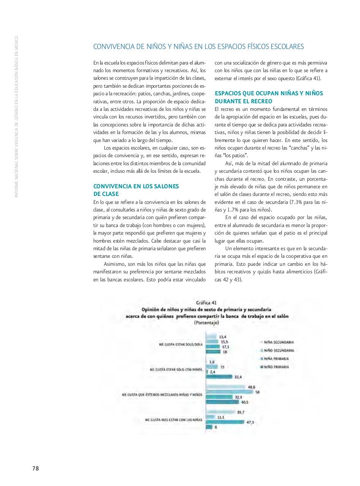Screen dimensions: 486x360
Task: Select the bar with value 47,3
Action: pos(226,422)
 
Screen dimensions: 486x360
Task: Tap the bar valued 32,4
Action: pos(219,377)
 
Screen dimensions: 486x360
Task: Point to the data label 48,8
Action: pos(252,387)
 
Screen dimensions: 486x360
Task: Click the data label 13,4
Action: pos(223,337)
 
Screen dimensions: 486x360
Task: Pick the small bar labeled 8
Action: pos(209,427)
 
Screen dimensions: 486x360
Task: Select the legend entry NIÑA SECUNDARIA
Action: pos(278,342)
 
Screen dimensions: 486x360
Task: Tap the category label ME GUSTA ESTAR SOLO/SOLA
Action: pos(181,344)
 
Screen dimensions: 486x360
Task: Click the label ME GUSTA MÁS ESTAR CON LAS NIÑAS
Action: pos(173,420)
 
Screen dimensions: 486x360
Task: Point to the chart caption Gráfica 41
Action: pos(206,303)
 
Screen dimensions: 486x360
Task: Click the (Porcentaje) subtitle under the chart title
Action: pos(206,323)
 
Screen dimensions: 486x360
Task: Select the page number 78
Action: pos(35,468)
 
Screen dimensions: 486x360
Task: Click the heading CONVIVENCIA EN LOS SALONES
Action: pos(136,186)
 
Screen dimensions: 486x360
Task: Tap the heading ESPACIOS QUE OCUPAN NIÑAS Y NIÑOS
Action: pos(269,93)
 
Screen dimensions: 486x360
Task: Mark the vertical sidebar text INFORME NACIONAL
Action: pos(16,178)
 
